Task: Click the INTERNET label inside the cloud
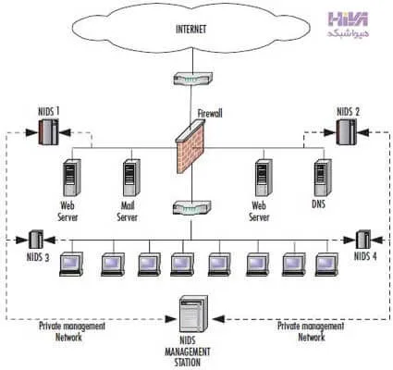pyautogui.click(x=190, y=30)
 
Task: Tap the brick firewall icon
pyautogui.click(x=190, y=146)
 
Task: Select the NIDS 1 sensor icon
pyautogui.click(x=48, y=132)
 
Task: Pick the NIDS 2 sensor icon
pyautogui.click(x=346, y=132)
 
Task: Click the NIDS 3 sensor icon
pyautogui.click(x=36, y=240)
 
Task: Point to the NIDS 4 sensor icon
pyautogui.click(x=363, y=240)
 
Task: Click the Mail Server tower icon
pyautogui.click(x=131, y=178)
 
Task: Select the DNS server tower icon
pyautogui.click(x=323, y=178)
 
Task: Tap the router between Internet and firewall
pyautogui.click(x=193, y=79)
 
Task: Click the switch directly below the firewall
pyautogui.click(x=192, y=207)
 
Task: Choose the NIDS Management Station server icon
pyautogui.click(x=193, y=314)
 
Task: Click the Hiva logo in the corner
pyautogui.click(x=349, y=24)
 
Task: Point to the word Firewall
pyautogui.click(x=210, y=113)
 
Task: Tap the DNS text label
pyautogui.click(x=318, y=203)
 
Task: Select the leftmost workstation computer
pyautogui.click(x=71, y=264)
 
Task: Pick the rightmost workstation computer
pyautogui.click(x=326, y=265)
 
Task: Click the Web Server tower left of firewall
pyautogui.click(x=72, y=178)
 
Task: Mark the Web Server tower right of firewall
pyautogui.click(x=264, y=178)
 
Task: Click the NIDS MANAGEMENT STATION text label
pyautogui.click(x=188, y=351)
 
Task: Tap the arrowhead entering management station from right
pyautogui.click(x=218, y=319)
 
